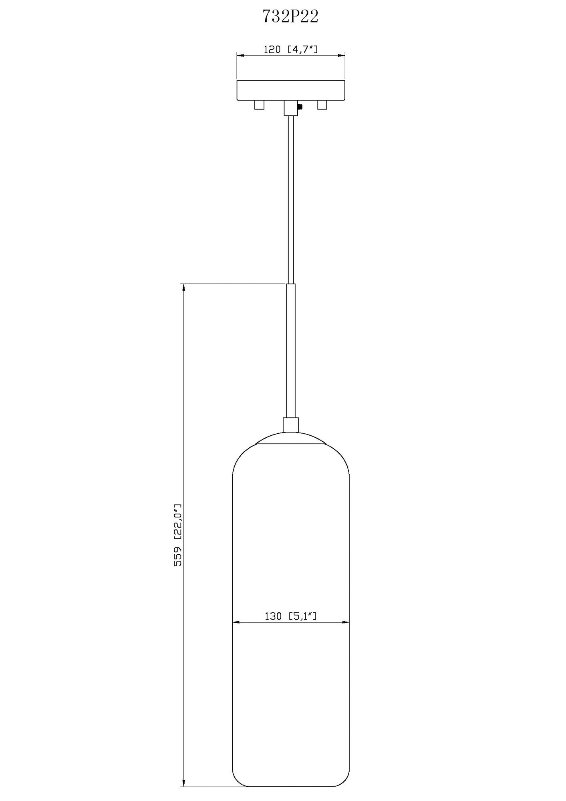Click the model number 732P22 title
pyautogui.click(x=290, y=17)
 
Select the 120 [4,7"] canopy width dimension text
pyautogui.click(x=290, y=50)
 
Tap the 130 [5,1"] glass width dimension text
pyautogui.click(x=290, y=616)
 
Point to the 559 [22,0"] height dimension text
pyautogui.click(x=177, y=535)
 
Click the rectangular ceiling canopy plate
pyautogui.click(x=291, y=91)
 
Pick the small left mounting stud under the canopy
pyautogui.click(x=259, y=105)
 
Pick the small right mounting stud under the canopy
pyautogui.click(x=322, y=105)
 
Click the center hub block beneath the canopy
pyautogui.click(x=290, y=108)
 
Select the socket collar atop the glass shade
pyautogui.click(x=291, y=425)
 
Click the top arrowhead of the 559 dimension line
pyautogui.click(x=183, y=288)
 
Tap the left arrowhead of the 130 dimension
pyautogui.click(x=236, y=622)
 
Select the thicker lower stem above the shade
pyautogui.click(x=291, y=350)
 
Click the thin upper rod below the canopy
pyautogui.click(x=291, y=200)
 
